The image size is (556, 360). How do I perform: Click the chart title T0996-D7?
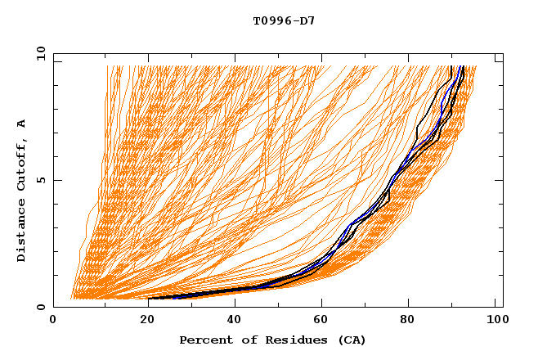tap(284, 21)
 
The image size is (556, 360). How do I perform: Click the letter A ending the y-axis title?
tap(22, 124)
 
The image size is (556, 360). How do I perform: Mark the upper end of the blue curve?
tap(462, 66)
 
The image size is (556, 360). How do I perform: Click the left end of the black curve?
tap(149, 299)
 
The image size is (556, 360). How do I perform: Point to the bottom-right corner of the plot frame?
tap(503, 307)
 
